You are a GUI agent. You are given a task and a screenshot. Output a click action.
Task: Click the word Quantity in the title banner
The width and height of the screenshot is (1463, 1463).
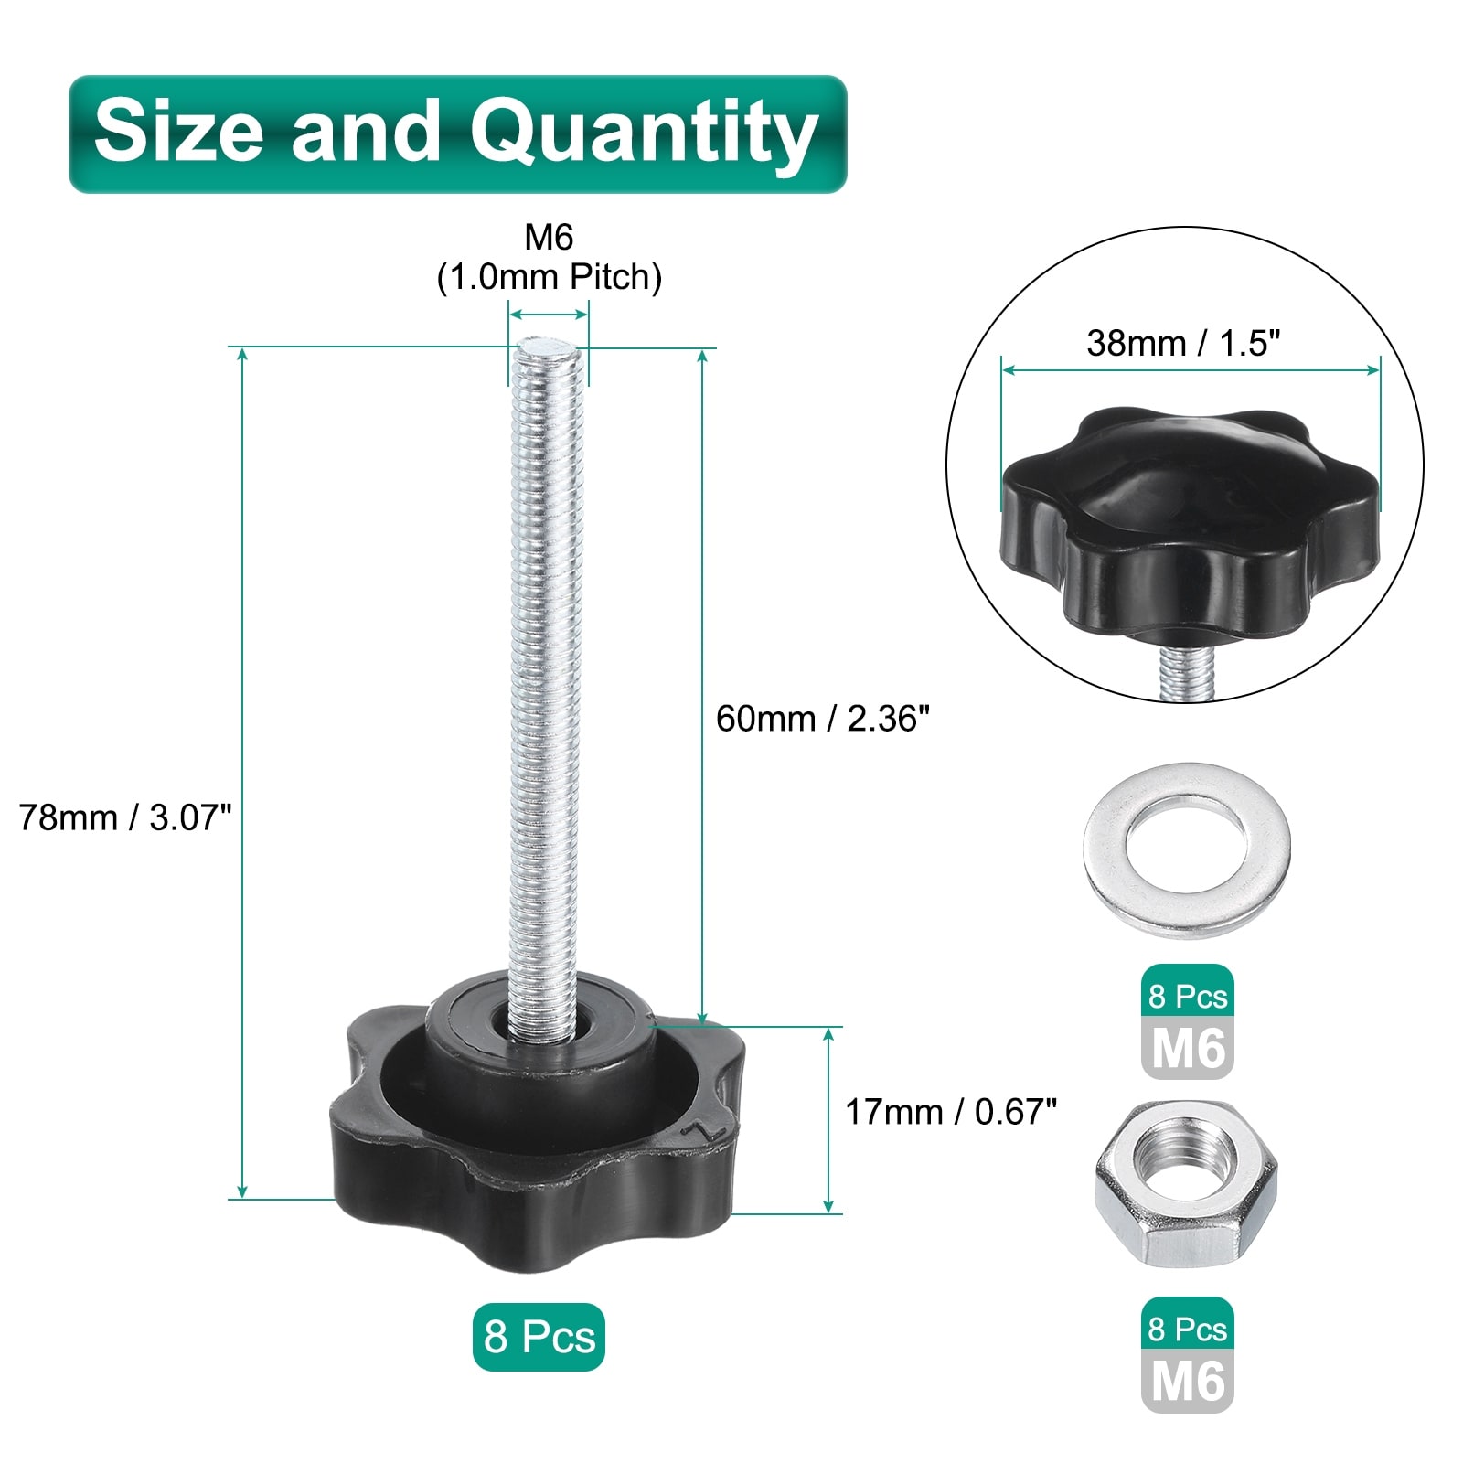(x=643, y=133)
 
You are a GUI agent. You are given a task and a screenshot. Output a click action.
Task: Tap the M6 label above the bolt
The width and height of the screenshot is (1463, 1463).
(x=549, y=238)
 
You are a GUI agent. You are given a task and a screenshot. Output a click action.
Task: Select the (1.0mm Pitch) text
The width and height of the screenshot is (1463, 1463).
(x=549, y=277)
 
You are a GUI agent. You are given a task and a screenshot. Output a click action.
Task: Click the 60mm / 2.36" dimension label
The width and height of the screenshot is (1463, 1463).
(x=823, y=719)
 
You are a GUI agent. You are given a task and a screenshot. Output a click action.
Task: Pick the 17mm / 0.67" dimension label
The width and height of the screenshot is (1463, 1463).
(x=951, y=1112)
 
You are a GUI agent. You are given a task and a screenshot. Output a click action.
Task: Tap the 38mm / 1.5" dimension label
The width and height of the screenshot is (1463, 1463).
(x=1183, y=343)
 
